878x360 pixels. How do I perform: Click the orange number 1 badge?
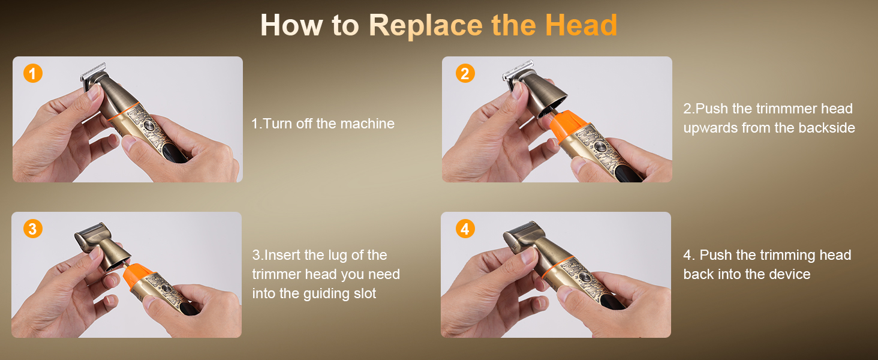33,73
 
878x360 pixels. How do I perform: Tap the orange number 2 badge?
465,73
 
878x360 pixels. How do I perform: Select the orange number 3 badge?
32,229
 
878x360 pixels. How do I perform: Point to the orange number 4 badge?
465,229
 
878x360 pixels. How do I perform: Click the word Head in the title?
581,25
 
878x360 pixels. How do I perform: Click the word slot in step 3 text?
363,293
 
